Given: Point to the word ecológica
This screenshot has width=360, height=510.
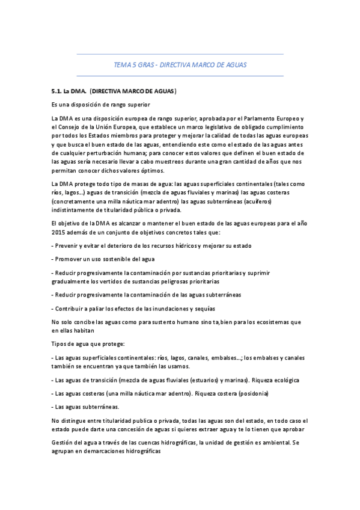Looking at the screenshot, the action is coord(286,380).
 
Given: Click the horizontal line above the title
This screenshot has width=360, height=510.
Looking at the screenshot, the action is coord(180,54).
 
